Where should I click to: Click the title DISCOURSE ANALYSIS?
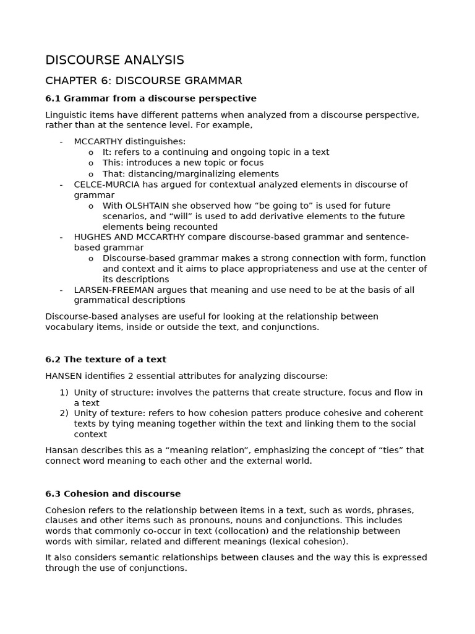click(114, 60)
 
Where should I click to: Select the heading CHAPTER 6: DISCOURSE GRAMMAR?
click(143, 80)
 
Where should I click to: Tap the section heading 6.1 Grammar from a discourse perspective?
click(150, 98)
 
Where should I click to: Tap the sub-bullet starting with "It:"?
click(106, 152)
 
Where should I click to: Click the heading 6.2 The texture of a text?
click(106, 359)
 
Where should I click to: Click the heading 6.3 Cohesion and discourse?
click(113, 493)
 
